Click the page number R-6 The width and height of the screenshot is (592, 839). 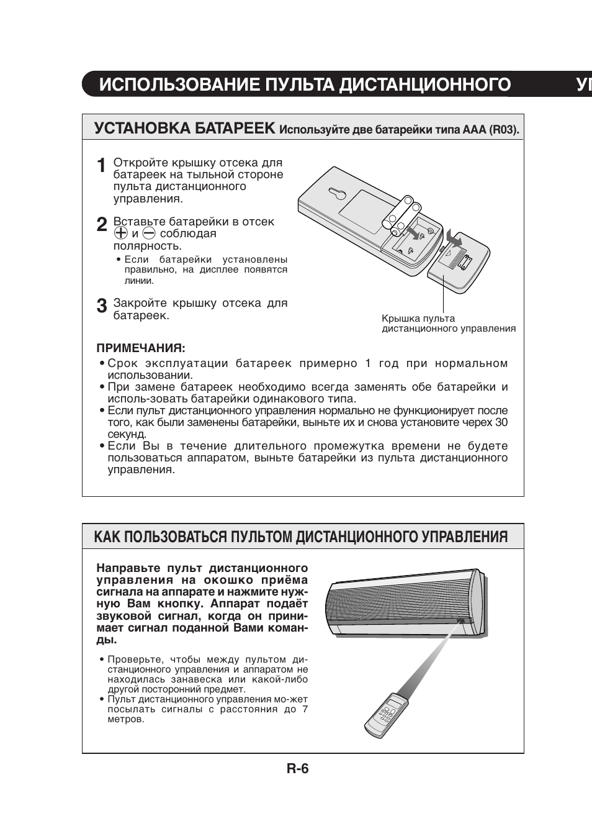click(x=297, y=769)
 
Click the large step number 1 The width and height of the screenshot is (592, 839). click(x=102, y=166)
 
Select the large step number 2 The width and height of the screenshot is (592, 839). click(x=102, y=225)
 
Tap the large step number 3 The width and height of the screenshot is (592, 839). click(x=102, y=306)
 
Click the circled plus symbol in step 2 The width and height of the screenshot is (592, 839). click(x=120, y=234)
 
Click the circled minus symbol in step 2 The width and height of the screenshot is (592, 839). click(x=148, y=234)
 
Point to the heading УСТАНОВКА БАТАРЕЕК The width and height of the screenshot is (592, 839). click(x=184, y=129)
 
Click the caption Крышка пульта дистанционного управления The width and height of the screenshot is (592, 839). click(x=448, y=324)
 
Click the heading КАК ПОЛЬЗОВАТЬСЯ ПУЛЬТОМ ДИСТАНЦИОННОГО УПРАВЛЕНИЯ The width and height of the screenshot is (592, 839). click(x=301, y=537)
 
